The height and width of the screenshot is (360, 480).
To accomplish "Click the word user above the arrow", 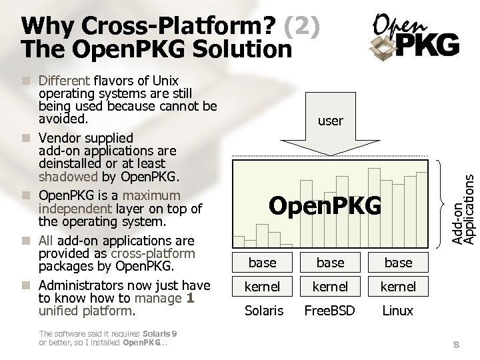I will tap(330, 121).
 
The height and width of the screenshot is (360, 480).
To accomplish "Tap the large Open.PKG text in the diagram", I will tap(325, 206).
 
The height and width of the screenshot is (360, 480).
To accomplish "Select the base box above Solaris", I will tap(262, 263).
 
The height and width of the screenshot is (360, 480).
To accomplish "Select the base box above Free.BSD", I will tap(330, 263).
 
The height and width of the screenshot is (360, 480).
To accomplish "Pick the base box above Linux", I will tap(398, 263).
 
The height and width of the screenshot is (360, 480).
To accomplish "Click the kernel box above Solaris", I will tap(262, 287).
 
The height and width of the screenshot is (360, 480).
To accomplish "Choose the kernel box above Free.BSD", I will tap(330, 287).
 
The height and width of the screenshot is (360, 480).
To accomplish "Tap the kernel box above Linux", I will tap(398, 287).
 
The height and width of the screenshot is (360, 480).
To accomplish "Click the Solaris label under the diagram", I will tap(264, 311).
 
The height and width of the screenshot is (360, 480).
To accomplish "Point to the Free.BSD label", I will tap(330, 311).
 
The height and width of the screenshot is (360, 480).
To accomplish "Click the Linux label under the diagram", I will tap(398, 311).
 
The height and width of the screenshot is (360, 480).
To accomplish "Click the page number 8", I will tap(456, 344).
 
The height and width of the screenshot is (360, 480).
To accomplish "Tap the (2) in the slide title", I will tap(302, 27).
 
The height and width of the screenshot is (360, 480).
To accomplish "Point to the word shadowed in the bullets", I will tap(68, 177).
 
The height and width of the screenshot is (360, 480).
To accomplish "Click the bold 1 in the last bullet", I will tap(191, 298).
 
